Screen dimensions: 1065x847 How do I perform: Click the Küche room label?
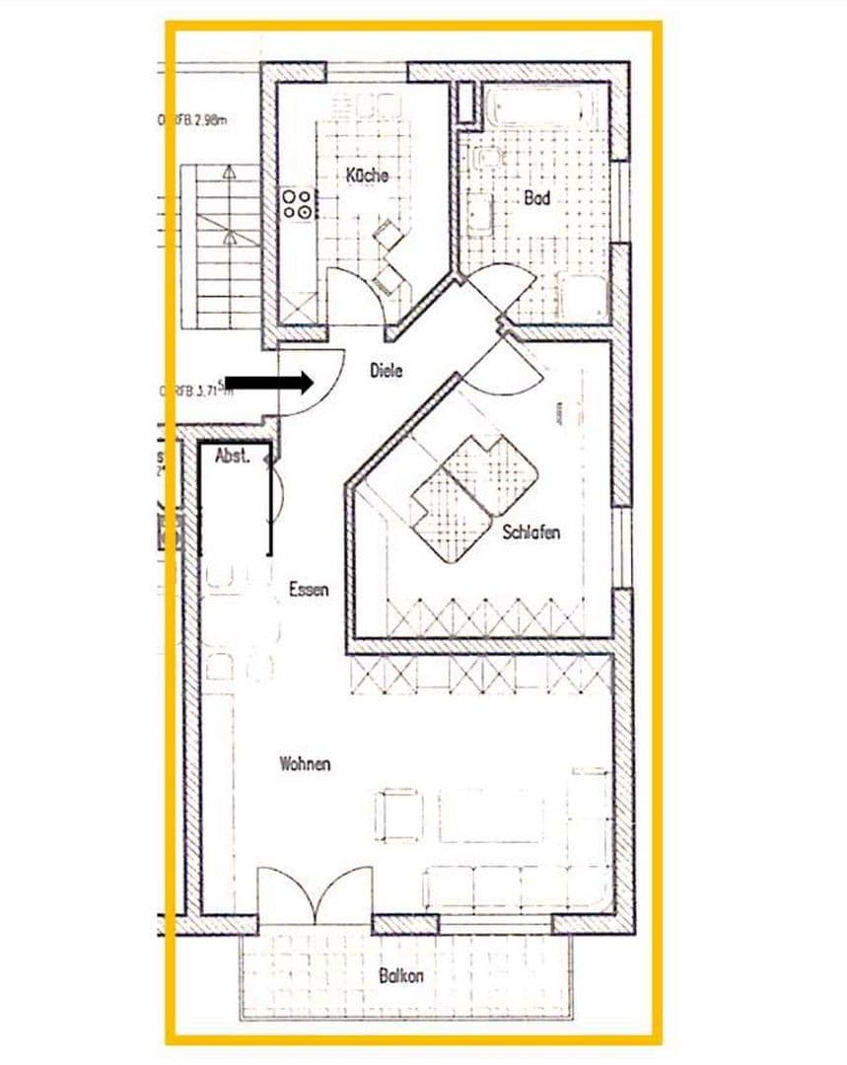[366, 176]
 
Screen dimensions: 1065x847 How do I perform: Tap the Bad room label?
[536, 197]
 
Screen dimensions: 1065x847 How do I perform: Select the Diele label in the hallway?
[387, 371]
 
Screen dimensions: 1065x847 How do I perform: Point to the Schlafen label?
[531, 532]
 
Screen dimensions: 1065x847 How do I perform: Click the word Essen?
[309, 589]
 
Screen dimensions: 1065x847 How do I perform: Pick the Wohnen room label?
[305, 763]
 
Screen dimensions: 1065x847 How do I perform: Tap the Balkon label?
[400, 975]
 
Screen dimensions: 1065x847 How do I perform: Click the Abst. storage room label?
[233, 456]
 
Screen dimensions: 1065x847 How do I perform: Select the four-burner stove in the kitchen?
[299, 203]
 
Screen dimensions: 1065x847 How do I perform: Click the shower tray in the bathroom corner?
[584, 297]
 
